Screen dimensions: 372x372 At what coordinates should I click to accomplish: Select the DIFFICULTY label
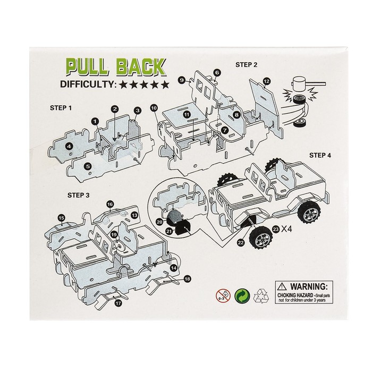tap(88, 84)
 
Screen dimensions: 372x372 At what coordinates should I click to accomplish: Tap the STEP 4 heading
tap(320, 155)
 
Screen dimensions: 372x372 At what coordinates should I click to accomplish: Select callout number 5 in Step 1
tap(88, 166)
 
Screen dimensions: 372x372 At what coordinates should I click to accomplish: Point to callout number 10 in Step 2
tap(154, 107)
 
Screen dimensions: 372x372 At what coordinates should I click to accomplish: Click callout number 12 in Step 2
tap(267, 81)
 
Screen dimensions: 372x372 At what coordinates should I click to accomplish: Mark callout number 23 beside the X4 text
tap(275, 229)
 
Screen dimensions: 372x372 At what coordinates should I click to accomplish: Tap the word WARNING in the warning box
tap(305, 285)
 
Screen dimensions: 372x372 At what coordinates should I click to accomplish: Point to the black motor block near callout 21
tap(174, 216)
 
